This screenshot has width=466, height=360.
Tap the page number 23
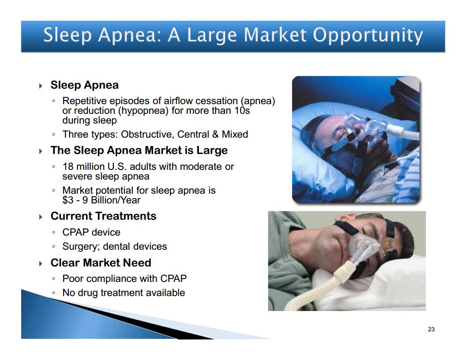431,329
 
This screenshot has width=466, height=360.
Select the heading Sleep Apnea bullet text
85,85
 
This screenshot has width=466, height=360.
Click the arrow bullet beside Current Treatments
41,217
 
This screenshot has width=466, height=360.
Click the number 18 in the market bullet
68,166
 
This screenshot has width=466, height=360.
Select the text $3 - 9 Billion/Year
101,200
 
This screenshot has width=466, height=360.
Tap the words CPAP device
91,232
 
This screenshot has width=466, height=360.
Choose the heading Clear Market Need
101,263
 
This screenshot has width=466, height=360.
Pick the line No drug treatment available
124,293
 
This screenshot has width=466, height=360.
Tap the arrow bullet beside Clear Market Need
41,264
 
